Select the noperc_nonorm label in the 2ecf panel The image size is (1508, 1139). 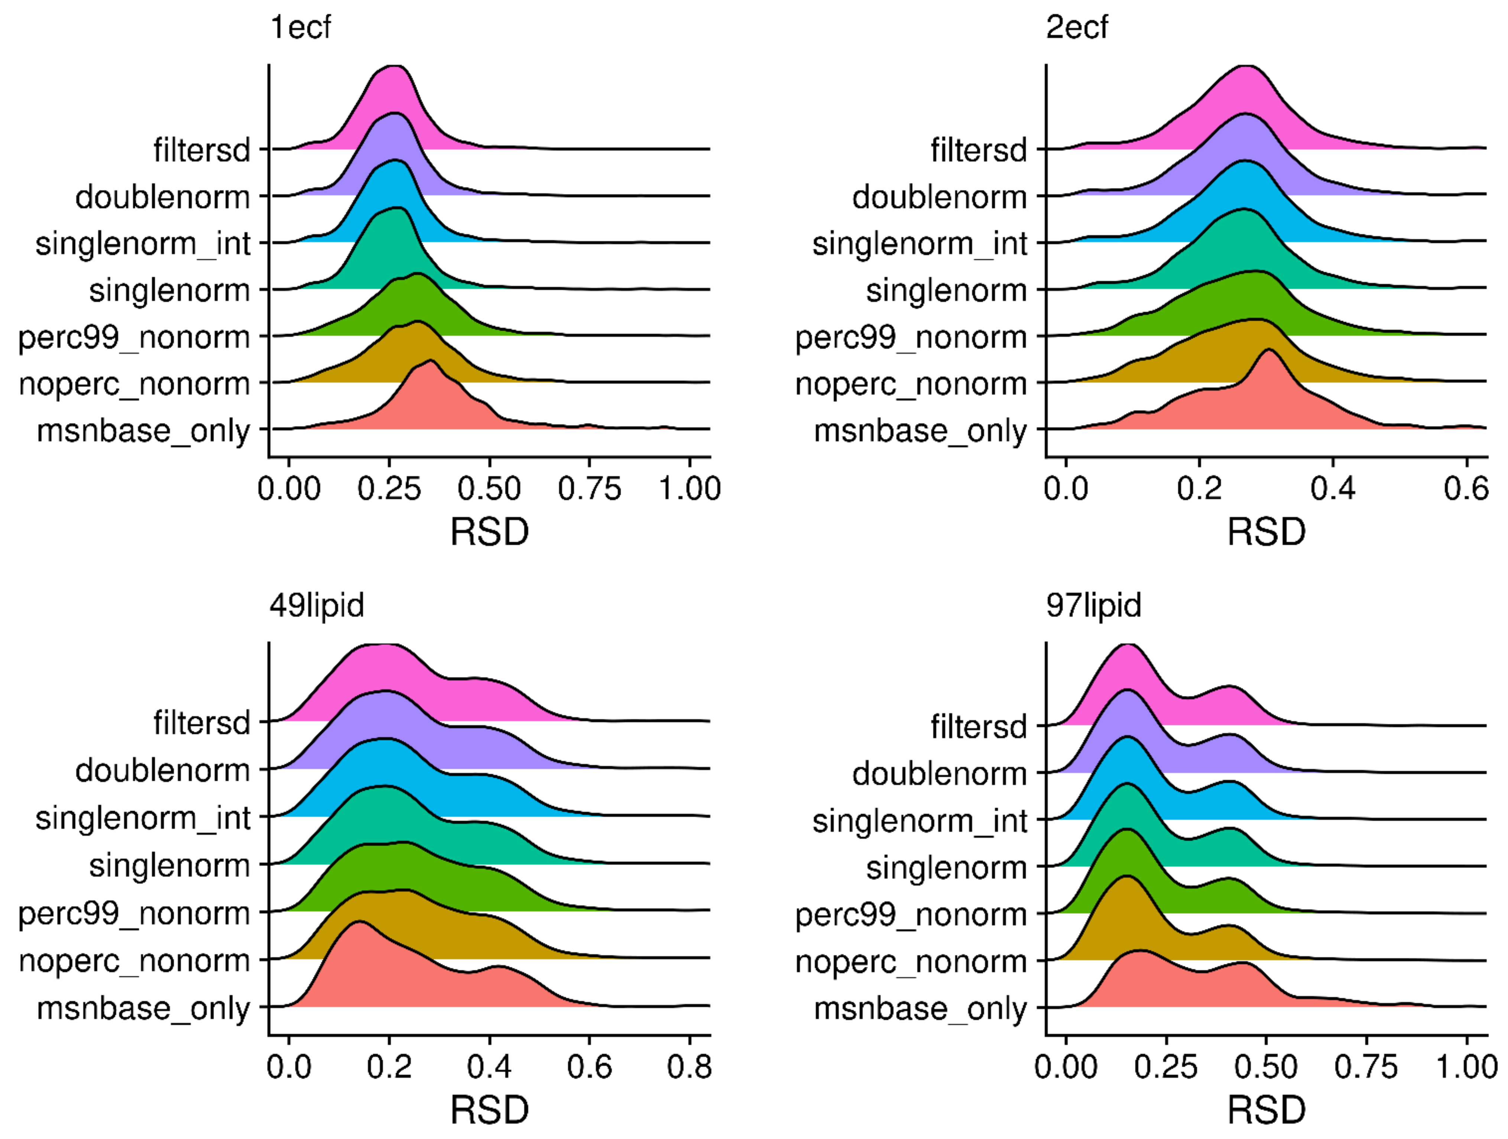coord(911,384)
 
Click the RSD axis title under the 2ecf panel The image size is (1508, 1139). coord(1266,532)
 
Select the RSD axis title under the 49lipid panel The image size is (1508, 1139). coord(490,1110)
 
